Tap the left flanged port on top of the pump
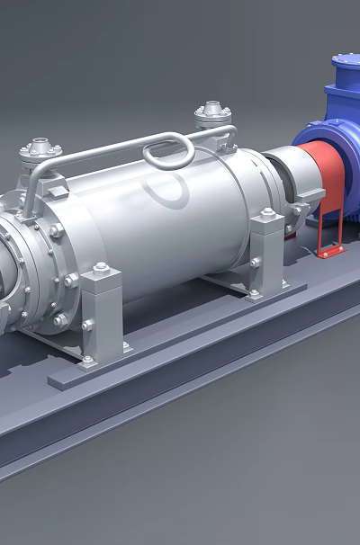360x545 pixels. (40, 150)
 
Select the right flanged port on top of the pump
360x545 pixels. (212, 115)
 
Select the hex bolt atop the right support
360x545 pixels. (267, 214)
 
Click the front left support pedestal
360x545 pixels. (101, 315)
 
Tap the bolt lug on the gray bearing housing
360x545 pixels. (297, 211)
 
